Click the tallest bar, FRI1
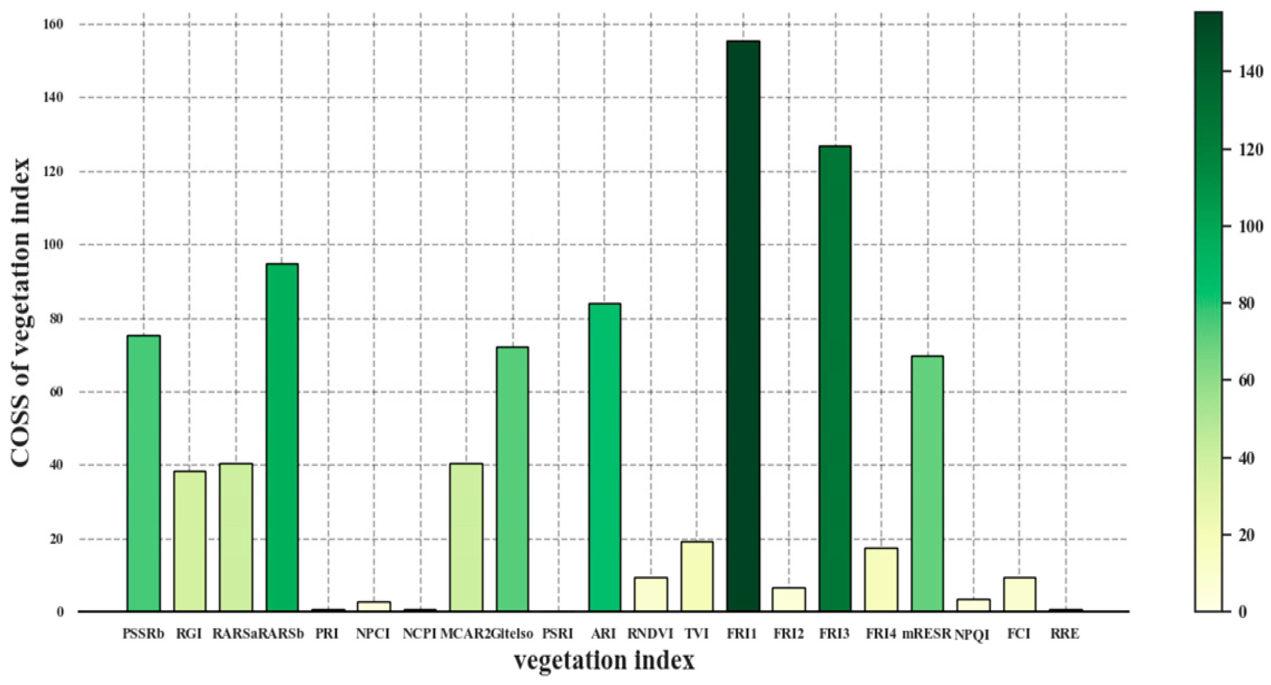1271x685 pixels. point(743,325)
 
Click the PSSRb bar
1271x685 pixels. point(144,473)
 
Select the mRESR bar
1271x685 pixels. point(927,483)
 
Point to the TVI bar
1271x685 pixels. point(697,577)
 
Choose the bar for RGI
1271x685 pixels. point(189,541)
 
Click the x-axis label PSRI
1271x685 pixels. point(558,634)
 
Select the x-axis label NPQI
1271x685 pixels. point(972,635)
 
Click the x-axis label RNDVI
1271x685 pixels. point(650,634)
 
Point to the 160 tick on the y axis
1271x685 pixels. point(54,24)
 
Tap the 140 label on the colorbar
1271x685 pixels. point(1251,72)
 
